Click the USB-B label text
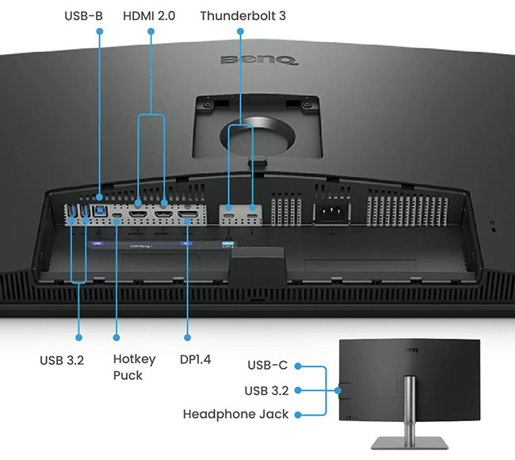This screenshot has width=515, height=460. (x=82, y=15)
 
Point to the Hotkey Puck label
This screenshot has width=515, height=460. (x=134, y=366)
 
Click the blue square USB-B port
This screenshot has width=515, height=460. (x=100, y=211)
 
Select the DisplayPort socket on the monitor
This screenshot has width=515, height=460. (x=189, y=214)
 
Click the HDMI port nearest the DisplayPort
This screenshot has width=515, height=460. (x=164, y=214)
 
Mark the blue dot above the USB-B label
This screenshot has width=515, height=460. (x=99, y=32)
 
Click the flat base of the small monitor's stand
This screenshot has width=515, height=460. (x=409, y=443)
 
